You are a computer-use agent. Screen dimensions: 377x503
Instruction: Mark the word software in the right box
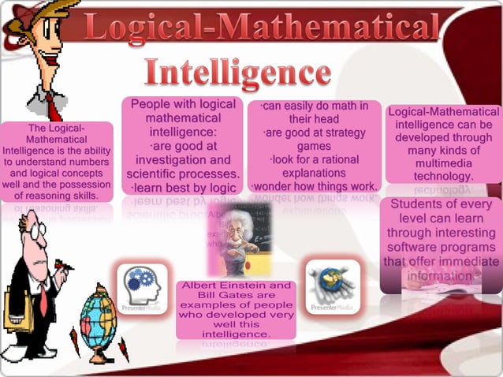point(419,248)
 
